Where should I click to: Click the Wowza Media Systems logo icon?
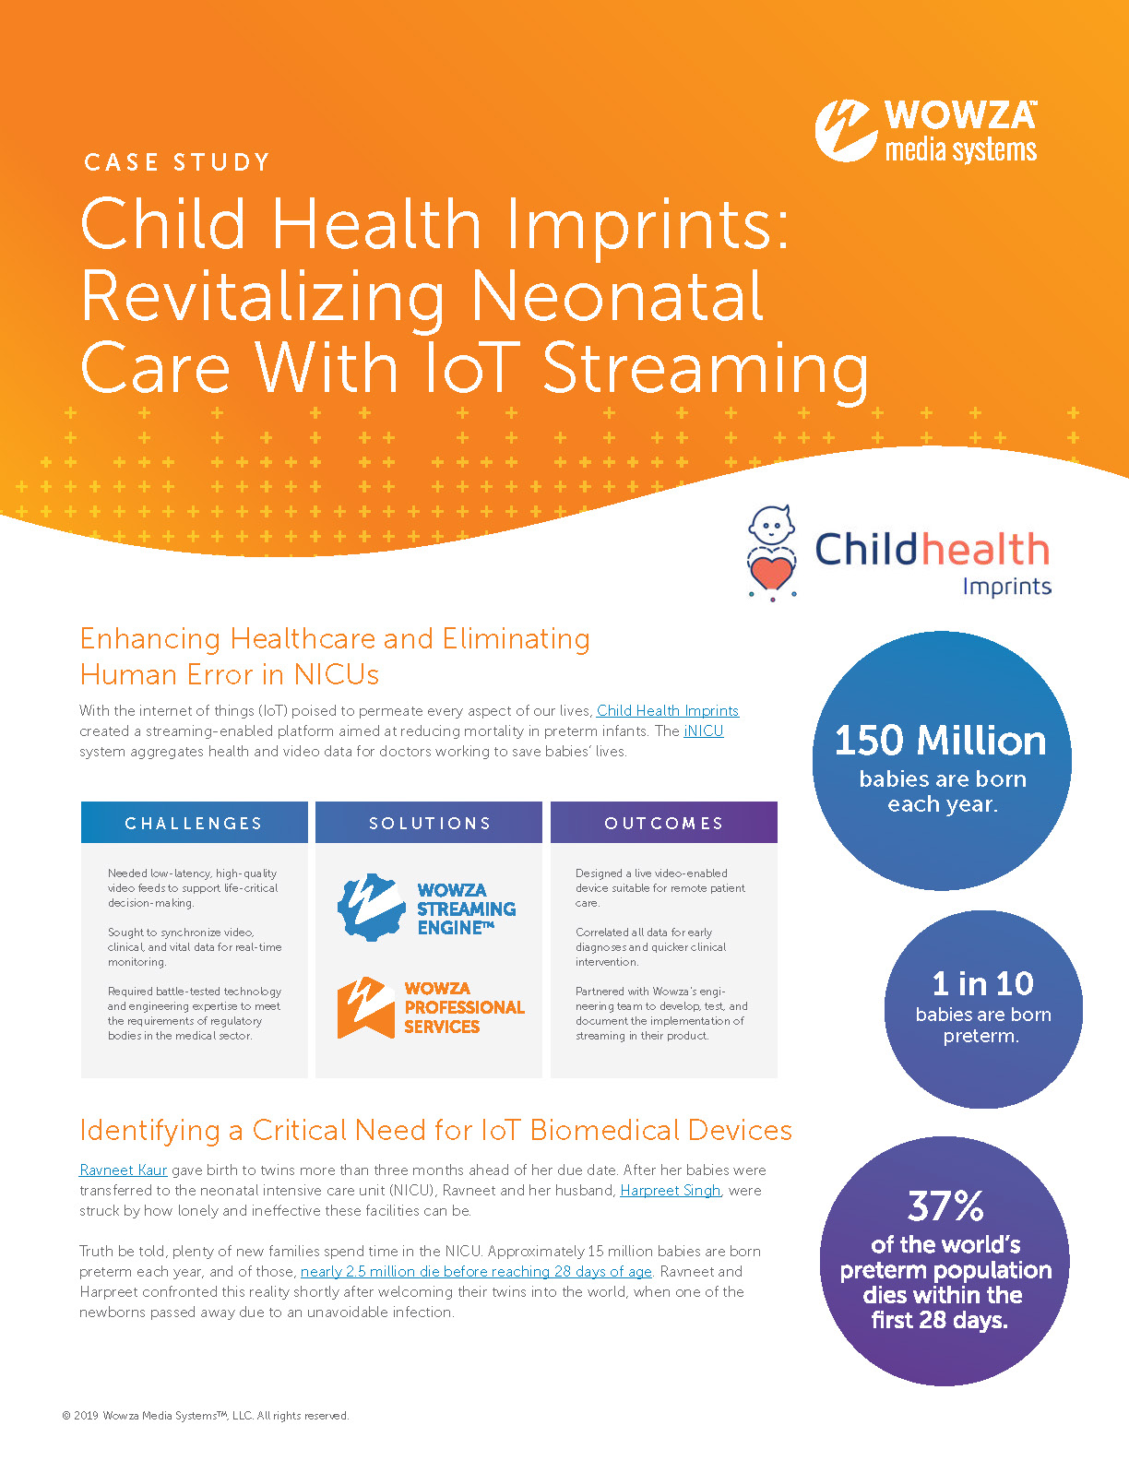click(x=845, y=130)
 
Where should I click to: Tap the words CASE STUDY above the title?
click(x=177, y=162)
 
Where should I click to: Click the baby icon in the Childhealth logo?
click(x=772, y=527)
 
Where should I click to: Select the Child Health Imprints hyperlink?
click(x=668, y=710)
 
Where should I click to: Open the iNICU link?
click(x=703, y=730)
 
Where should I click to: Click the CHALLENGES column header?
click(x=194, y=823)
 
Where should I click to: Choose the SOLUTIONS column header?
click(x=430, y=823)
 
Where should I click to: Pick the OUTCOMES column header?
click(x=664, y=823)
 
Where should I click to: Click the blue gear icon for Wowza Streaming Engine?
click(x=371, y=908)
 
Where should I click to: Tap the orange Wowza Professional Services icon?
click(x=366, y=1007)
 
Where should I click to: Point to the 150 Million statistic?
click(x=940, y=741)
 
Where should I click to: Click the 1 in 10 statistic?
click(x=982, y=983)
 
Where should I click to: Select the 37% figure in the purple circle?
click(x=945, y=1206)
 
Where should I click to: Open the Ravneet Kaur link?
click(x=124, y=1170)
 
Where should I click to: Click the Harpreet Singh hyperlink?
click(x=670, y=1190)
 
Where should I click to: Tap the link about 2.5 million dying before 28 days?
click(x=476, y=1271)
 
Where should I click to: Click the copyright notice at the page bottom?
click(x=206, y=1416)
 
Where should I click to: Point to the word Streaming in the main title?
click(x=706, y=369)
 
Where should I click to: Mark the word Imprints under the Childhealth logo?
click(x=1007, y=587)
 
